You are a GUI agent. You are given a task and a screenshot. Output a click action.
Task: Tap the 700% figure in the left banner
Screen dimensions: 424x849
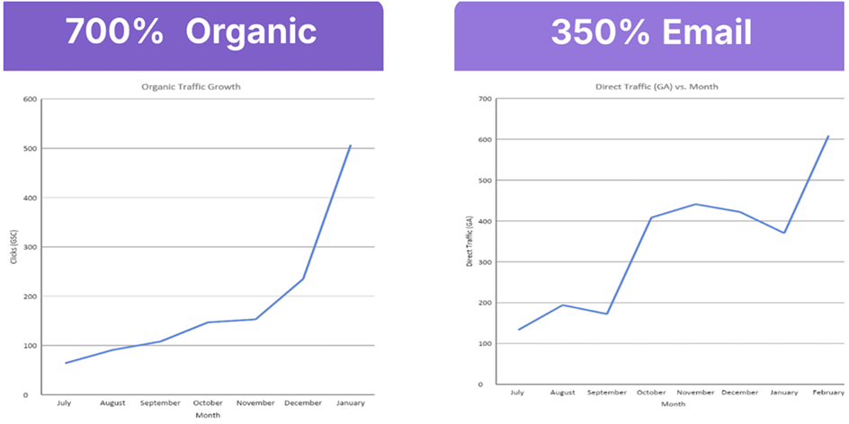tap(113, 32)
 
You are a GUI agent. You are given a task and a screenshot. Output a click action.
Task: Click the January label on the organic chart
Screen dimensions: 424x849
tap(350, 403)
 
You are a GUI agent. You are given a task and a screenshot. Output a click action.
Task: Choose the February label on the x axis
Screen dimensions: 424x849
tap(827, 393)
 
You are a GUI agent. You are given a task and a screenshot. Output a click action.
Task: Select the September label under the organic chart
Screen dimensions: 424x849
tap(160, 403)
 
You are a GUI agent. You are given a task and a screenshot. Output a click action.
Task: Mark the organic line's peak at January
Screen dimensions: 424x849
tap(350, 146)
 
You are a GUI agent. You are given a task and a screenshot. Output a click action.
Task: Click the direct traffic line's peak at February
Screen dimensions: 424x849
tap(827, 137)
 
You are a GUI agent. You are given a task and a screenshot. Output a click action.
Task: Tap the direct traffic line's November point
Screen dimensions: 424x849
tap(694, 204)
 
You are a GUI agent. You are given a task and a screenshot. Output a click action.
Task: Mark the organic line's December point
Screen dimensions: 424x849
tap(302, 278)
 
